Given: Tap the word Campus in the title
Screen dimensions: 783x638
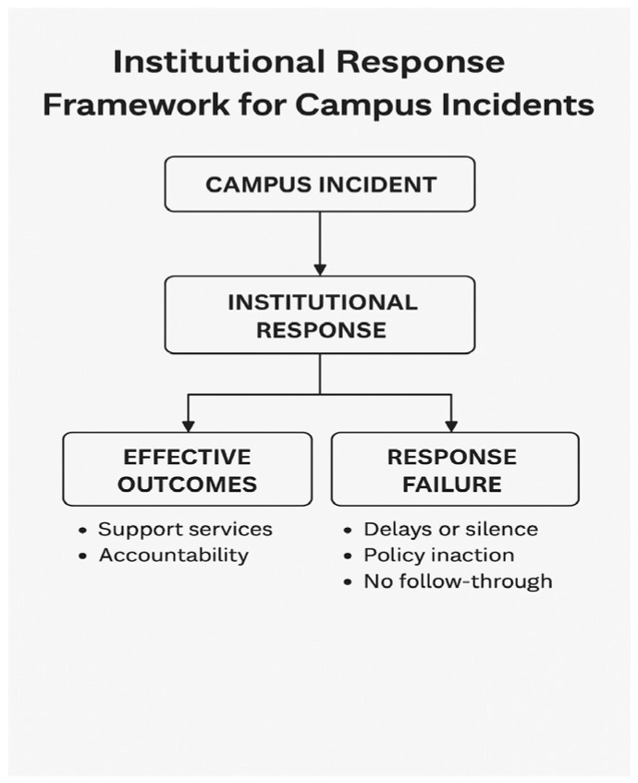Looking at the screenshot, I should point(350,104).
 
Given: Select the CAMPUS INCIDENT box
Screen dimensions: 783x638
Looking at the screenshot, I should point(319,184).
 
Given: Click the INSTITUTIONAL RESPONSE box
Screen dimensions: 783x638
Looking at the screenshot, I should point(319,315).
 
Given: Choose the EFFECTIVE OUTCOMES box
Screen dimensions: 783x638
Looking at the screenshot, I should point(188,470).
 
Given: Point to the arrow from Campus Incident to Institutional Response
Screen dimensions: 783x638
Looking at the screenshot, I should point(320,242).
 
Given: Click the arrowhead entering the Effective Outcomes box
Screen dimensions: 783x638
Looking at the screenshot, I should point(189,424).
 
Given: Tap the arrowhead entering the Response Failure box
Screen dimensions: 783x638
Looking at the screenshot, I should point(451,424).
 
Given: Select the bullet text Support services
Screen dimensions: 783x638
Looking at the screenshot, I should point(185,530).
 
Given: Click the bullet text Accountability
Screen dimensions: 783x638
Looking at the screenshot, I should point(174,556).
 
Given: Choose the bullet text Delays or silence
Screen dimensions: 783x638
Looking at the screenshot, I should point(450,530).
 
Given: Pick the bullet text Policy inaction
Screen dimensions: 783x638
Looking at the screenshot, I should point(438,556).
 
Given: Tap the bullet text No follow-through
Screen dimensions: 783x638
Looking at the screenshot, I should point(458,581).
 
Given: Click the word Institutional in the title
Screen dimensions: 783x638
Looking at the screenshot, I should point(217,62).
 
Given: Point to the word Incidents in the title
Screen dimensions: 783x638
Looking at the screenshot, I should point(527,104).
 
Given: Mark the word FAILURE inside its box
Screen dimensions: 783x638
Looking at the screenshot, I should point(451,484).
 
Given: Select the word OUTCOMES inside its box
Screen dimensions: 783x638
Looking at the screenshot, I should point(188,484).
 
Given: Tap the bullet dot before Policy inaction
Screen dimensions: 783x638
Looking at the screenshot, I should point(347,557).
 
